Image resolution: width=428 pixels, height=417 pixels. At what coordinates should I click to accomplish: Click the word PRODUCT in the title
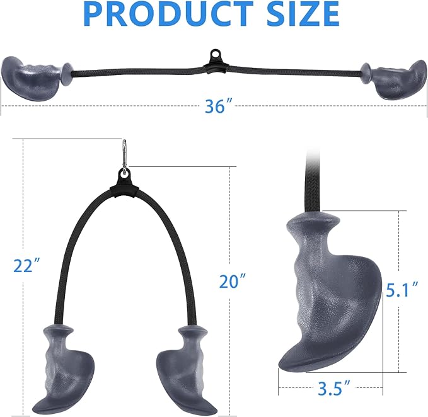[x=168, y=14]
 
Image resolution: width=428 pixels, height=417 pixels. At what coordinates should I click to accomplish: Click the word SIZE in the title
[x=303, y=14]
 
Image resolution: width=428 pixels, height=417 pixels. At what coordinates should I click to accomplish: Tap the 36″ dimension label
[x=219, y=106]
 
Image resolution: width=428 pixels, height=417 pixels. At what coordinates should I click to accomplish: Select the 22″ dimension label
[x=26, y=265]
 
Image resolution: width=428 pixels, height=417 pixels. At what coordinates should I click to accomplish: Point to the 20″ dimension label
[x=233, y=282]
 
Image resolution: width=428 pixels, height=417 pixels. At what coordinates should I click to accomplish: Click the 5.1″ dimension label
[x=402, y=290]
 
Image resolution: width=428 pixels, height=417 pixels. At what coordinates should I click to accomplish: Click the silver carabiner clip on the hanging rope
[x=124, y=157]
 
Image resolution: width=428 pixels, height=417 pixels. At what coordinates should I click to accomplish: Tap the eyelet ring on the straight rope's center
[x=216, y=54]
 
